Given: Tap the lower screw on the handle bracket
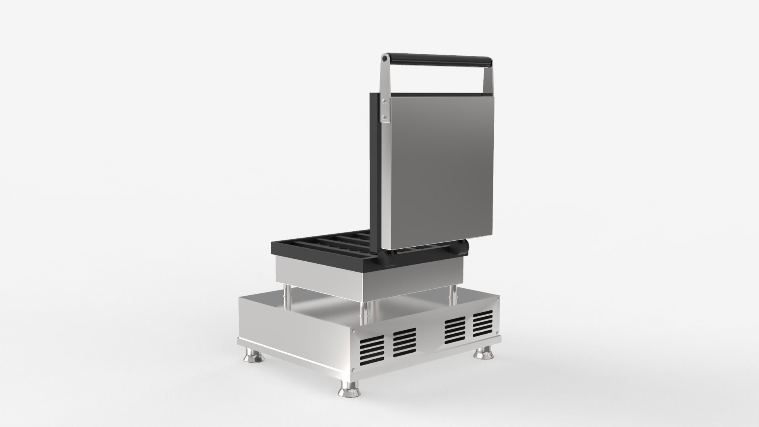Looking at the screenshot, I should [383, 116].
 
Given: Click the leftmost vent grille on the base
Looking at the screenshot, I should [372, 349].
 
